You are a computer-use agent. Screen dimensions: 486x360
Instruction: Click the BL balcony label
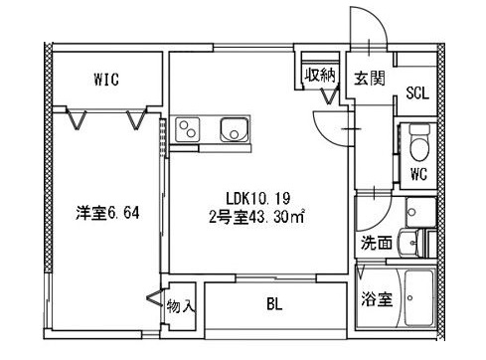click(x=273, y=306)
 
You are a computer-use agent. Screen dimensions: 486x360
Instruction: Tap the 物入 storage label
click(x=180, y=305)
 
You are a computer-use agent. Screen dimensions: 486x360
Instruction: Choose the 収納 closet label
click(x=319, y=75)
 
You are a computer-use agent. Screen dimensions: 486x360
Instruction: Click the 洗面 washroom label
click(x=375, y=242)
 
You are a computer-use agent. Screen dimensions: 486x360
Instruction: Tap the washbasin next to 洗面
click(x=409, y=242)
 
